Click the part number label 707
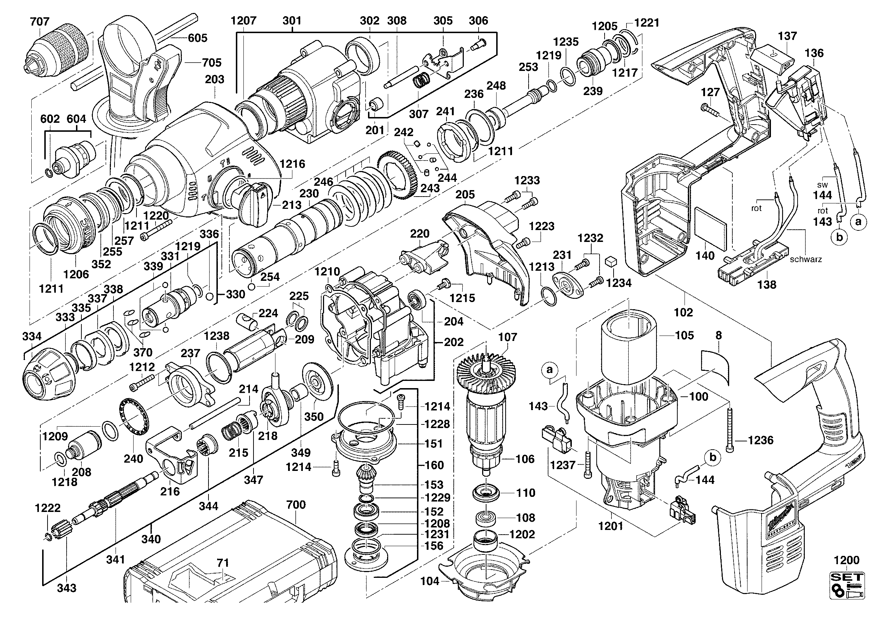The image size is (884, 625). coord(40,21)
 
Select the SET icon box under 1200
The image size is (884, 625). coord(847,585)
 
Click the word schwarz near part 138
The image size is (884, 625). coord(806,259)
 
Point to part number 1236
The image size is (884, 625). coord(760,440)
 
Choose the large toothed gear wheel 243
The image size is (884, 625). coord(396,175)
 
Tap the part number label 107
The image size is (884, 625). coord(507,337)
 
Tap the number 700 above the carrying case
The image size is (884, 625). coord(296,504)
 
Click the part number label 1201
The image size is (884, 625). coord(611,526)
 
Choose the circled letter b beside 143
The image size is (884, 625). coord(839,237)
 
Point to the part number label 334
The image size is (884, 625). coord(32,336)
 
